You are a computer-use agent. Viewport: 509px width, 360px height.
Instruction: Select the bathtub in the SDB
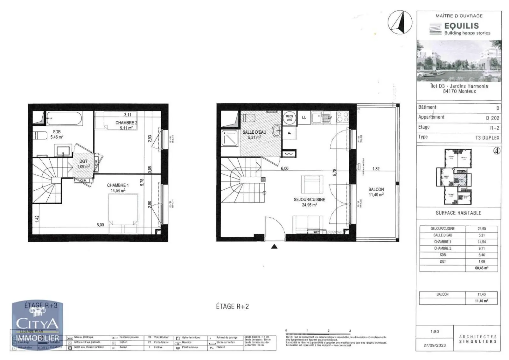point(64,119)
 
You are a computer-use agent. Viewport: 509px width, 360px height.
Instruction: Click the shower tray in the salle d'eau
point(230,138)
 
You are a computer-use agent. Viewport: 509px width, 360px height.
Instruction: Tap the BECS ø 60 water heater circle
point(289,118)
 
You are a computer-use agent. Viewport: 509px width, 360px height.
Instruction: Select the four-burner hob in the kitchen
point(342,117)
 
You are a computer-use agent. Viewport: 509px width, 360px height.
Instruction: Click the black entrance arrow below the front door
point(274,246)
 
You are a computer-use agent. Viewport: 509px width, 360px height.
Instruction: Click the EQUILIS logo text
point(461,25)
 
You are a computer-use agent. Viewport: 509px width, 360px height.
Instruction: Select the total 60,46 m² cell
point(482,268)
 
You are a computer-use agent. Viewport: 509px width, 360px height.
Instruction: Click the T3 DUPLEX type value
point(487,138)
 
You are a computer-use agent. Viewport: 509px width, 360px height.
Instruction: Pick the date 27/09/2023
point(434,345)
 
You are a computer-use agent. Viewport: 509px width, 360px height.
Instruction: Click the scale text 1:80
point(434,331)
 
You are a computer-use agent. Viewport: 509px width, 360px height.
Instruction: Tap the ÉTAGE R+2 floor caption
point(232,306)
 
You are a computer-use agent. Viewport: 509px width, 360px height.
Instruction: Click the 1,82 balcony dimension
point(376,169)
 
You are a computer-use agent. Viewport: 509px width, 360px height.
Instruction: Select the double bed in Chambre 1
point(123,210)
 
